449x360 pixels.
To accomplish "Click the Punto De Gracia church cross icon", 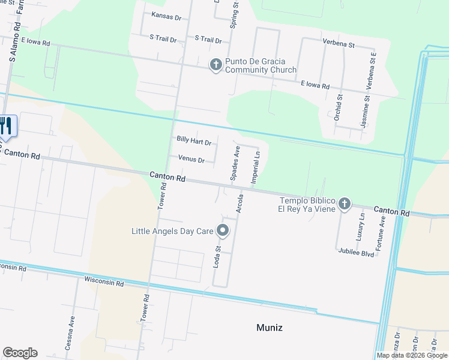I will coord(216,65).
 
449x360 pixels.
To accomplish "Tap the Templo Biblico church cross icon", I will coord(345,204).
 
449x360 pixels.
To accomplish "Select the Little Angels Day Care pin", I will coord(223,230).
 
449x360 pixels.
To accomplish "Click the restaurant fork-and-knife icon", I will coord(6,126).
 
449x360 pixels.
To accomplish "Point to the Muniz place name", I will coord(268,328).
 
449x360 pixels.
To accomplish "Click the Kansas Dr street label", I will coord(166,17).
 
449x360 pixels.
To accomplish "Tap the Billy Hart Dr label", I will coord(194,142).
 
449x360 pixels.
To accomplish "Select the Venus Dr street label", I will coord(192,160).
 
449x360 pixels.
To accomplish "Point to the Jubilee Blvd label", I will coord(356,254).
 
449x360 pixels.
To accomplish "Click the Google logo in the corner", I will coord(20,353).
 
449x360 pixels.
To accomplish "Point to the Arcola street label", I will coord(240,203).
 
